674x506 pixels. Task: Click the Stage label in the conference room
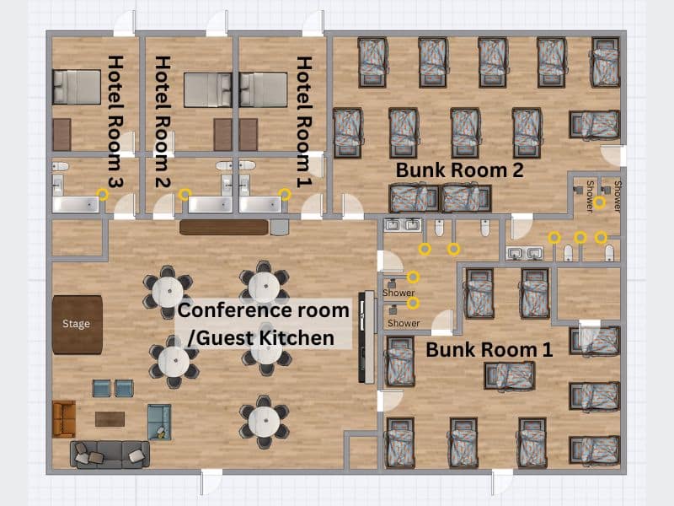[x=76, y=324]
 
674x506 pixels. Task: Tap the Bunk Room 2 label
[x=459, y=170]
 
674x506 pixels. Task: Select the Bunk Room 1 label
[x=489, y=349]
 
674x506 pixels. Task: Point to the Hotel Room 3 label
[x=115, y=121]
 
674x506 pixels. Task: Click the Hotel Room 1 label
[x=304, y=121]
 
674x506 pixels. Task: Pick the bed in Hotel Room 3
[x=77, y=88]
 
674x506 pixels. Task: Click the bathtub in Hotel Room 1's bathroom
[x=260, y=205]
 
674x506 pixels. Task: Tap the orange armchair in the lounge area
[x=64, y=418]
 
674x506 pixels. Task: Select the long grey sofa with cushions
[x=110, y=455]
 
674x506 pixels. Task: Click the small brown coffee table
[x=110, y=419]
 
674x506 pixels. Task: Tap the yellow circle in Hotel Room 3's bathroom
[x=103, y=195]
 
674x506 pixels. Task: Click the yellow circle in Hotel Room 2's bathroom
[x=185, y=195]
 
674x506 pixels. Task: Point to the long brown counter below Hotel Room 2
[x=224, y=227]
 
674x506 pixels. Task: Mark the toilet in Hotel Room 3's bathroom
[x=60, y=166]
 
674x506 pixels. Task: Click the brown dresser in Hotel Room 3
[x=62, y=135]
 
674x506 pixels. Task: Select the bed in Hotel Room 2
[x=208, y=89]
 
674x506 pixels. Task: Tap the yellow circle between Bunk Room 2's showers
[x=600, y=202]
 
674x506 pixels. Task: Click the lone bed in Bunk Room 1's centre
[x=510, y=375]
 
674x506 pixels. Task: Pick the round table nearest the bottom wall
[x=265, y=422]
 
